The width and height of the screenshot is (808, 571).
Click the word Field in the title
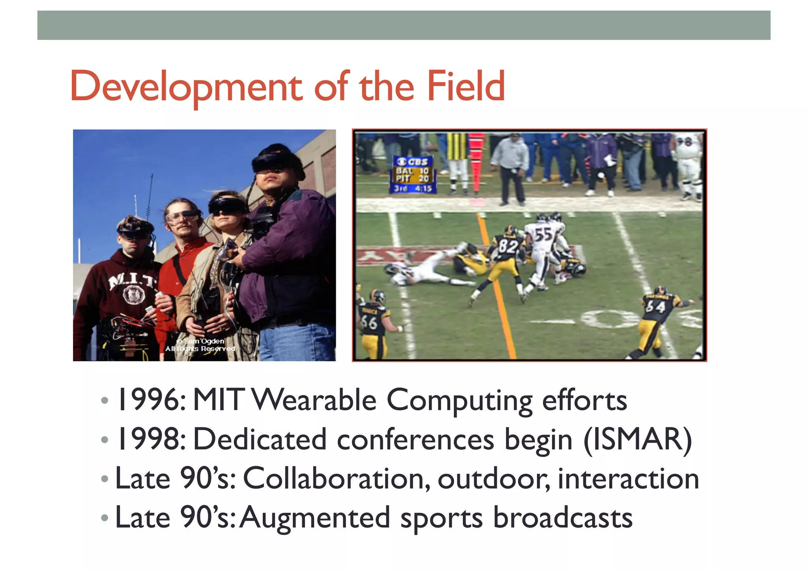coord(466,86)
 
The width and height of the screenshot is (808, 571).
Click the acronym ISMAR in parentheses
coord(637,439)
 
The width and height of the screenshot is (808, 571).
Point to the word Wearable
coord(314,400)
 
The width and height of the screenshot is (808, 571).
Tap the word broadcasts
coord(563,517)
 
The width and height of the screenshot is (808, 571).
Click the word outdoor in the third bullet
coord(493,479)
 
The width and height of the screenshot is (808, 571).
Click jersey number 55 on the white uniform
coord(543,234)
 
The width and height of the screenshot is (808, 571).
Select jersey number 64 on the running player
coord(655,306)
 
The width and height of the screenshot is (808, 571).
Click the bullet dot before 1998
coord(105,440)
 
